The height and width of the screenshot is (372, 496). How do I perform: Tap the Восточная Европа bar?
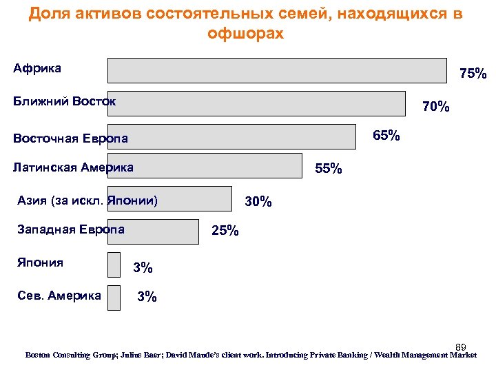(x=235, y=136)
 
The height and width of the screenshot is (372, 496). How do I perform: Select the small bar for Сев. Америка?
(x=114, y=297)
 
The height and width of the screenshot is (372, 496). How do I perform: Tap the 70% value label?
(x=436, y=107)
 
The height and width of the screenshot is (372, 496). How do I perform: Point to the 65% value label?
(x=386, y=135)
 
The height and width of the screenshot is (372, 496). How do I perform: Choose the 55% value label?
(x=328, y=169)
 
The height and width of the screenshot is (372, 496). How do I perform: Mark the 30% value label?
(x=258, y=202)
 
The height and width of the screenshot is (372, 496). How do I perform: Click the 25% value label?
(x=225, y=231)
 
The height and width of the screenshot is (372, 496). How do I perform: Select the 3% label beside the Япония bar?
(x=143, y=267)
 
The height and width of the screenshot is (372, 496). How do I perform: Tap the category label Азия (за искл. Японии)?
(x=87, y=201)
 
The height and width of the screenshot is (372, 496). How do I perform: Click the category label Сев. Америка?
(x=59, y=296)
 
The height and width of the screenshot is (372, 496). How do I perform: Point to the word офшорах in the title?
(x=245, y=33)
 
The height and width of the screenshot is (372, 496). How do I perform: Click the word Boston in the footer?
(x=41, y=355)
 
